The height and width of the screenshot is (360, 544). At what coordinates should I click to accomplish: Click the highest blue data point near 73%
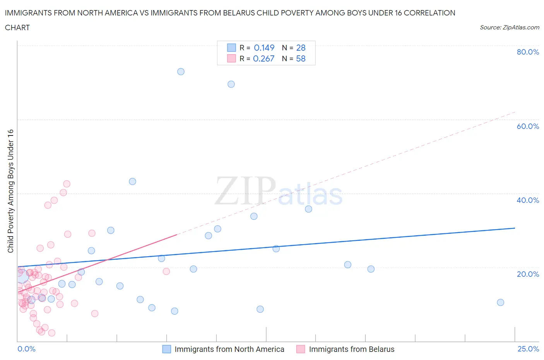coord(181,72)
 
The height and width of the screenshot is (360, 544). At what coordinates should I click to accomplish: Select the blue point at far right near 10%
coord(500,302)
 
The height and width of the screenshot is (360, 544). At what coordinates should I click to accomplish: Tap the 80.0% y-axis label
coord(528,52)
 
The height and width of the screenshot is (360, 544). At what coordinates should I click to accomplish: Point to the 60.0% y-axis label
coord(528,126)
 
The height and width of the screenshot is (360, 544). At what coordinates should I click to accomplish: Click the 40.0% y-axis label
coord(528,200)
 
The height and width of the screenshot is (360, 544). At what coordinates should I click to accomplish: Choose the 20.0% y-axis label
coord(528,274)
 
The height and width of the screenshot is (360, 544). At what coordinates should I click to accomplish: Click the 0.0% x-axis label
coord(26,349)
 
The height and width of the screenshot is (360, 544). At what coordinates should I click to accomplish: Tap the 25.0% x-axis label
coord(528,349)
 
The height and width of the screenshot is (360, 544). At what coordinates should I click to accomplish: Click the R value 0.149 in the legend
coord(264,48)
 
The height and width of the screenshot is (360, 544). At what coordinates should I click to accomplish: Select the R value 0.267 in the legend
coord(263,58)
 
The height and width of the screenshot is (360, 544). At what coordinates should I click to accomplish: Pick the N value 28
coord(301,48)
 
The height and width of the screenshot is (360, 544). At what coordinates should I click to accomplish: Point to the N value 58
coord(301,58)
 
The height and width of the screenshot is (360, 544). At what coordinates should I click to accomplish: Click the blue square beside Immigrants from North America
coord(166,349)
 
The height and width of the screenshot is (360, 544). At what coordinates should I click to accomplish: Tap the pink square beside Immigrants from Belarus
coord(301,349)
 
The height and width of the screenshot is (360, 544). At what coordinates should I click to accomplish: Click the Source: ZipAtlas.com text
coord(509,27)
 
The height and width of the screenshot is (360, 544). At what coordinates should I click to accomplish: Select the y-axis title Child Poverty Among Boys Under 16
coord(10,191)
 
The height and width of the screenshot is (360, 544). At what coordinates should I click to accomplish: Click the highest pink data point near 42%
coord(67,184)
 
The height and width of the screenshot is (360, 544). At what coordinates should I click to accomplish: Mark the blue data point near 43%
coord(132,182)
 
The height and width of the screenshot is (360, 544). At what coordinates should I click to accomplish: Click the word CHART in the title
coord(17,27)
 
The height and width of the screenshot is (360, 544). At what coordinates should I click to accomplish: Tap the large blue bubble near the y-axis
coord(22,276)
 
